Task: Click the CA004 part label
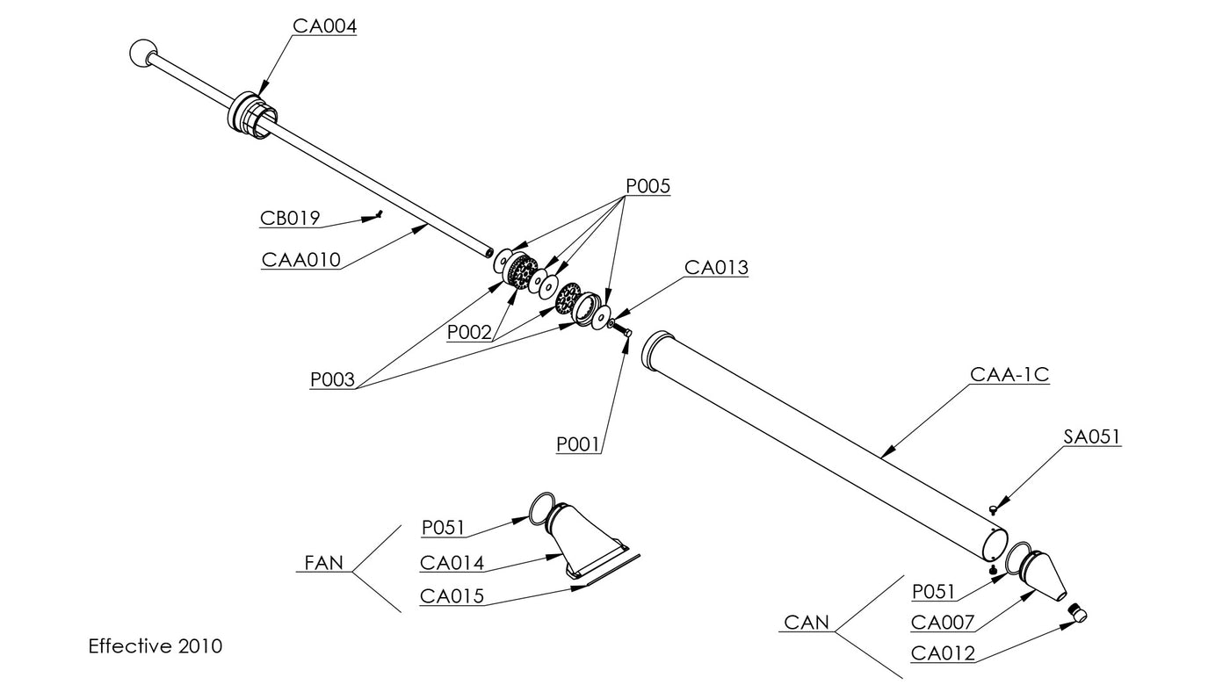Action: point(324,26)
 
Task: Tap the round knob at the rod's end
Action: point(141,54)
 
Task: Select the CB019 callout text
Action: point(290,218)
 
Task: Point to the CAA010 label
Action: point(300,260)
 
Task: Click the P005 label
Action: point(648,186)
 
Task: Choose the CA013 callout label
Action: point(716,268)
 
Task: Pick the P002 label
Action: point(469,332)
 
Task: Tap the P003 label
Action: point(332,380)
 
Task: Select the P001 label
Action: point(578,445)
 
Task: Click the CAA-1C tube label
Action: point(1009,375)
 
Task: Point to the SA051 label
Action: point(1091,436)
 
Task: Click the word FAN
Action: point(323,563)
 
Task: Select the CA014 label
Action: point(452,563)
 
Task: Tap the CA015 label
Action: point(452,596)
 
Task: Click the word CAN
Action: point(806,623)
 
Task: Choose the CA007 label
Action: point(943,623)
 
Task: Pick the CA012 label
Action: point(943,653)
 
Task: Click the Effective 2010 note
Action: point(156,646)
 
